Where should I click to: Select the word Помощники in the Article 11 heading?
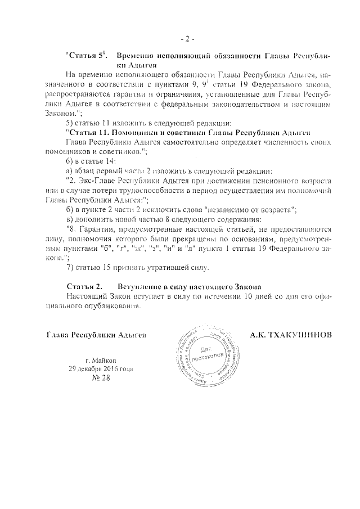[133, 132]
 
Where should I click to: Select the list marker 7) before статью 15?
[70, 267]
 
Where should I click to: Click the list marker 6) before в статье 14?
[70, 161]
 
